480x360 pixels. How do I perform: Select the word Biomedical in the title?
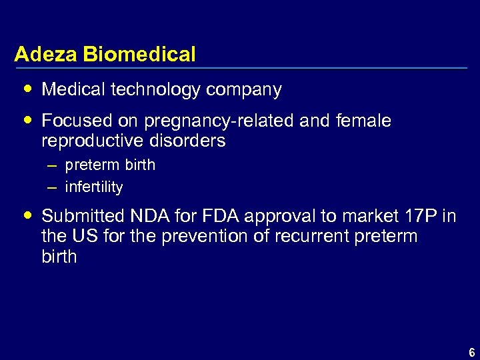pos(140,54)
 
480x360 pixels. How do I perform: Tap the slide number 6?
pos(471,353)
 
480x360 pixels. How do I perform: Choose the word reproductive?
pos(91,141)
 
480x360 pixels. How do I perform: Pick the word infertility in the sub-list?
pos(94,187)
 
